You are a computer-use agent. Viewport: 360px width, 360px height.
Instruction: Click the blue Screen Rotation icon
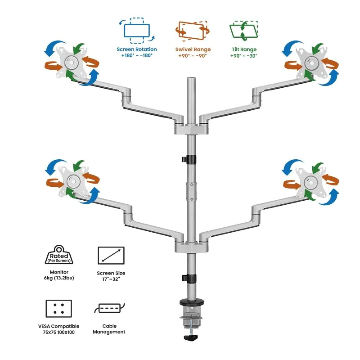click(137, 31)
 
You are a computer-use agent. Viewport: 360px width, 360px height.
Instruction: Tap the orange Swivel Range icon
click(193, 31)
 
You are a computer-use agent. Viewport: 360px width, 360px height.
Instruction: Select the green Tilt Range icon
click(244, 31)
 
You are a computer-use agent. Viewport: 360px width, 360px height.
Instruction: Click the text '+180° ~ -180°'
click(137, 55)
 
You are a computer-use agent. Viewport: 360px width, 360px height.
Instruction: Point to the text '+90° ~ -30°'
click(244, 55)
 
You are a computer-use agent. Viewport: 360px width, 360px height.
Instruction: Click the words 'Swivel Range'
click(193, 49)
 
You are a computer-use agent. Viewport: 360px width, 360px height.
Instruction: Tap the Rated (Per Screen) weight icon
click(59, 255)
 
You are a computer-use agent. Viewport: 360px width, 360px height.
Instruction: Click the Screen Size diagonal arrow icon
click(111, 256)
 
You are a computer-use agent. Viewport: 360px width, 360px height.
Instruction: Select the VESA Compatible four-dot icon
click(59, 309)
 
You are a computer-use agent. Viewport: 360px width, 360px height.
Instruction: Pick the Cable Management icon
click(109, 308)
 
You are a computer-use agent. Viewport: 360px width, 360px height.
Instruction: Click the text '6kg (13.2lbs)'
click(59, 278)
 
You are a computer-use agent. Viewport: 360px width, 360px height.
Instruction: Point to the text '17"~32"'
click(111, 279)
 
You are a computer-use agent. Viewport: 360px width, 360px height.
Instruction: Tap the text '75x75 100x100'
click(59, 332)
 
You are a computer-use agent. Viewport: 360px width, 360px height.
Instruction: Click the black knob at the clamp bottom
click(191, 337)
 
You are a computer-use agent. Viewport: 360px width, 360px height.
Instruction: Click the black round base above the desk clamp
click(192, 302)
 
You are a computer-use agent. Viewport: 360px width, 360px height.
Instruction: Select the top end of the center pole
click(191, 78)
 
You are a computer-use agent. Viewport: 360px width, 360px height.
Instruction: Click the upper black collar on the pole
click(191, 159)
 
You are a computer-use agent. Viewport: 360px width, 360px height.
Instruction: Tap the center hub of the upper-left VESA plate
click(71, 62)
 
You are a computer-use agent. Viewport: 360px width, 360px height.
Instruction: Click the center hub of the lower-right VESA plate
click(310, 183)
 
